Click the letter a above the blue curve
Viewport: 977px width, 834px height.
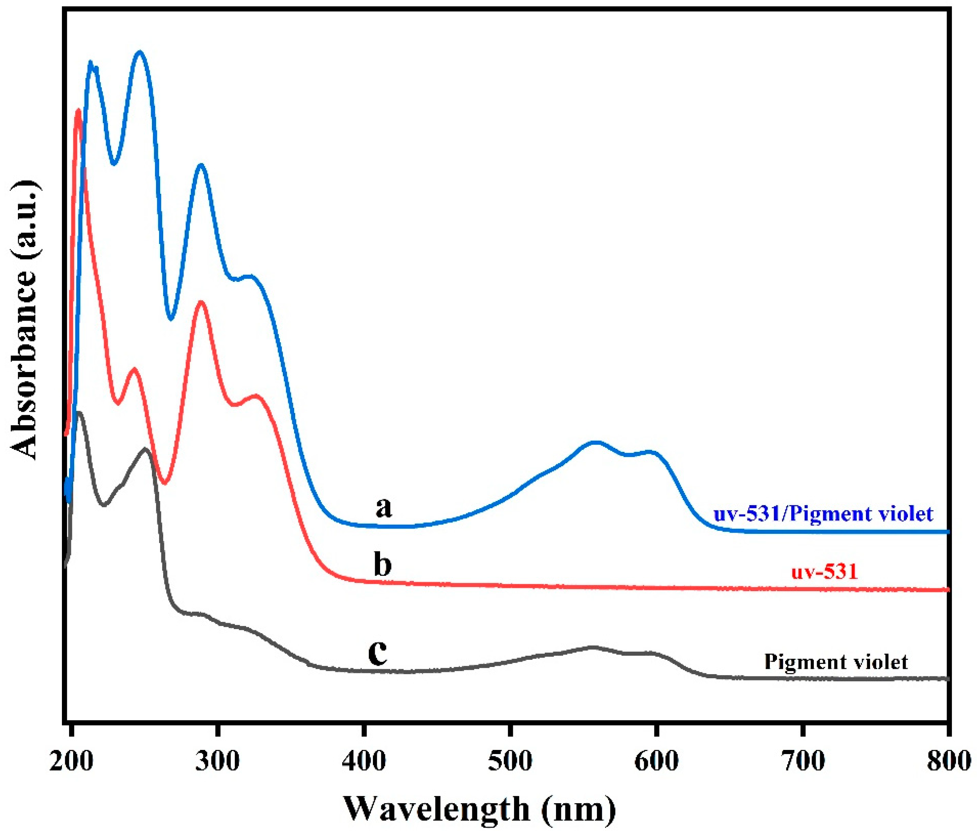coord(383,507)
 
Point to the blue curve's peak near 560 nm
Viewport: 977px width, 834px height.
coord(596,442)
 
